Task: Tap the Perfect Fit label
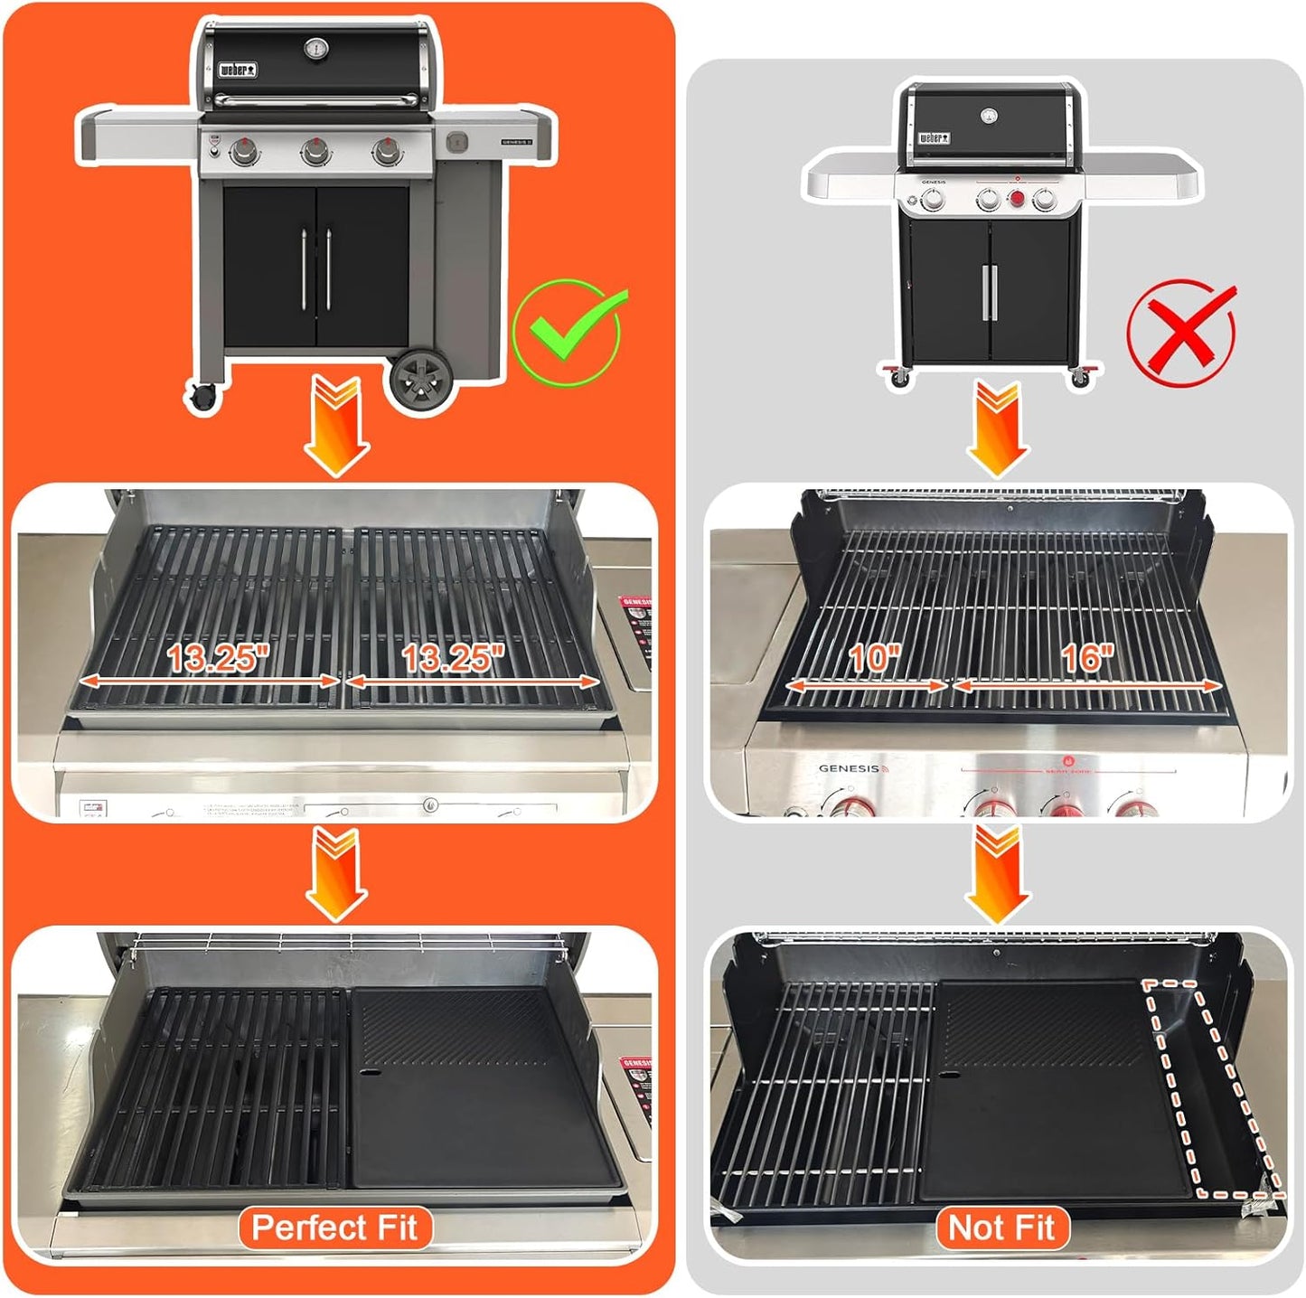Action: (x=334, y=1227)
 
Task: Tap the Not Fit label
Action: (x=1001, y=1227)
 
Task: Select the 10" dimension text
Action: (x=874, y=658)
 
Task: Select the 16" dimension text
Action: (x=1087, y=658)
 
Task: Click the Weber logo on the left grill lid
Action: (x=238, y=71)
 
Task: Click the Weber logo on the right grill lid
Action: (x=935, y=138)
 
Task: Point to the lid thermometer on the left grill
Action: (x=316, y=50)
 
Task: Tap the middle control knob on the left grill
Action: (x=315, y=151)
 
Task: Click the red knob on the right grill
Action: (x=1017, y=199)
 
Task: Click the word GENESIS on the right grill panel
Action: (x=849, y=768)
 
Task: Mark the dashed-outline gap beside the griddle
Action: (x=1211, y=1089)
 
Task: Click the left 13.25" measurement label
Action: (x=218, y=658)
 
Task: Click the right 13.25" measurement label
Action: (x=453, y=658)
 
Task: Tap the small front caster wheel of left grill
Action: (x=203, y=396)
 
